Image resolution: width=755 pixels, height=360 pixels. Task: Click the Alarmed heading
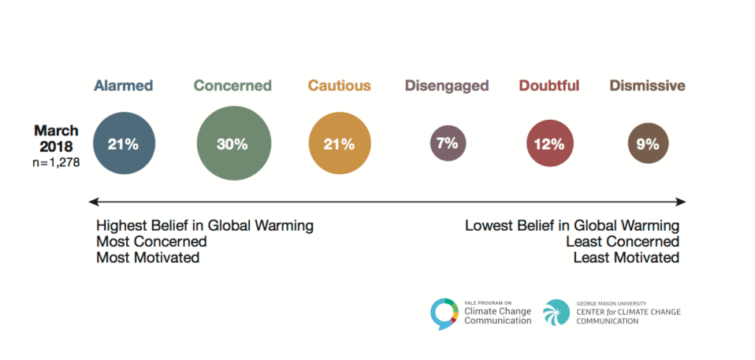pyautogui.click(x=123, y=86)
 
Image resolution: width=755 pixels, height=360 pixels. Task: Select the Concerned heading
pyautogui.click(x=232, y=86)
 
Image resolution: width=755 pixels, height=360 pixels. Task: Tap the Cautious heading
pyautogui.click(x=339, y=86)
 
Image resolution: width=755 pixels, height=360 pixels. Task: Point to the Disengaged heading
pyautogui.click(x=447, y=86)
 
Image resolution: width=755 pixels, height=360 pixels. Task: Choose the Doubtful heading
pyautogui.click(x=549, y=86)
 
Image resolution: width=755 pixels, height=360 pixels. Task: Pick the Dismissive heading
pyautogui.click(x=647, y=86)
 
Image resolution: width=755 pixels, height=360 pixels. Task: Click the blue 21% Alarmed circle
pyautogui.click(x=123, y=144)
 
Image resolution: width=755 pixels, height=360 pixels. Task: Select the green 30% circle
pyautogui.click(x=232, y=144)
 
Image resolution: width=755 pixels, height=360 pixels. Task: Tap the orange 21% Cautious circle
pyautogui.click(x=339, y=144)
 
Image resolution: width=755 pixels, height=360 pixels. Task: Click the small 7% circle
pyautogui.click(x=447, y=144)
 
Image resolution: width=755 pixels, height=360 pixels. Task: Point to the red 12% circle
pyautogui.click(x=549, y=144)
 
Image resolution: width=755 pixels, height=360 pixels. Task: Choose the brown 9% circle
pyautogui.click(x=648, y=144)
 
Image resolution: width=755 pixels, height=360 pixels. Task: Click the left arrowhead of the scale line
pyautogui.click(x=93, y=202)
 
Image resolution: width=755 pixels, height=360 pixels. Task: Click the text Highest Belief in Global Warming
pyautogui.click(x=205, y=226)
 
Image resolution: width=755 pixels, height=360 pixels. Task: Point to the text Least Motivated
pyautogui.click(x=626, y=258)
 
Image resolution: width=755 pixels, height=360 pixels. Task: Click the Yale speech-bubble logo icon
pyautogui.click(x=444, y=314)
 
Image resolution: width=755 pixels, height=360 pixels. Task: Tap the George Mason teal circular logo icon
pyautogui.click(x=556, y=313)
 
